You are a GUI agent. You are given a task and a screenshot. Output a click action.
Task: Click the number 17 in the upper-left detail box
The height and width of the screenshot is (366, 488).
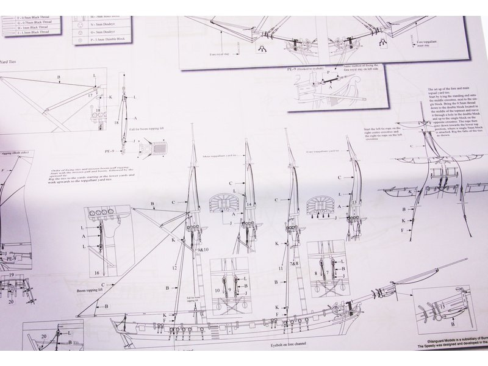(x=90, y=96)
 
